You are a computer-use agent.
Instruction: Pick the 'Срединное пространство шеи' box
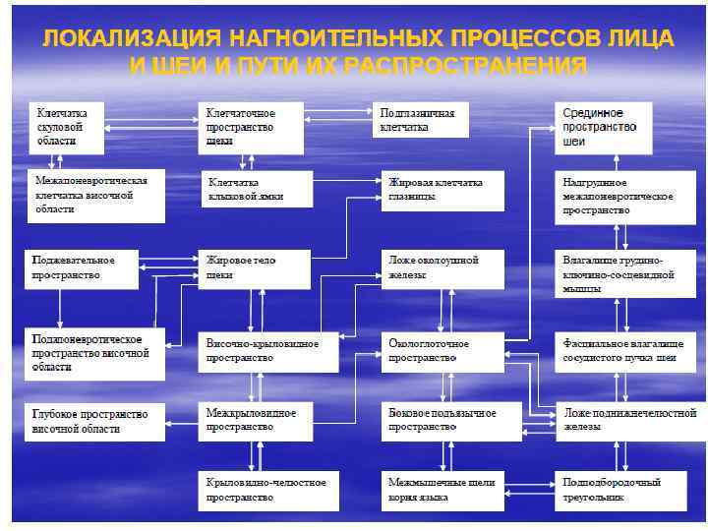click(603, 128)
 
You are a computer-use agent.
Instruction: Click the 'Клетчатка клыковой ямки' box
click(257, 189)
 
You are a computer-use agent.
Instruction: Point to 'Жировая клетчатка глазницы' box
click(442, 189)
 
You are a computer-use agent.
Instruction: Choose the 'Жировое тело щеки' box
click(257, 267)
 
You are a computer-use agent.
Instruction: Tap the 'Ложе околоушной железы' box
click(442, 267)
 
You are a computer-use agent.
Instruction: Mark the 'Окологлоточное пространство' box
click(442, 351)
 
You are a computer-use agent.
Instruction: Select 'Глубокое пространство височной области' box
click(92, 421)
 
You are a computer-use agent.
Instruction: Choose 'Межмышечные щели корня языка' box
click(442, 490)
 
